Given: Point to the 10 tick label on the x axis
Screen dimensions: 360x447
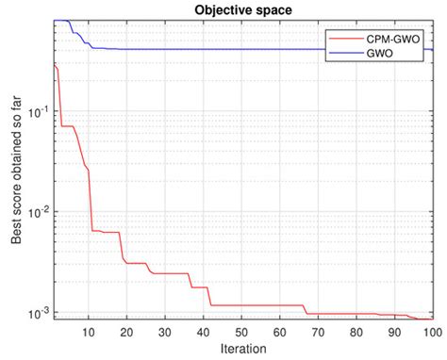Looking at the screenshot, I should pyautogui.click(x=89, y=332).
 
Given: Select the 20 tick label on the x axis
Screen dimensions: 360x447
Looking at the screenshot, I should pyautogui.click(x=127, y=332).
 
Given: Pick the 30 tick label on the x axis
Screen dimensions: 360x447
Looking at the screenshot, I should pyautogui.click(x=166, y=332).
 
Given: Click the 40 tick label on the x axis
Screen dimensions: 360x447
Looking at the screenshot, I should pyautogui.click(x=204, y=332).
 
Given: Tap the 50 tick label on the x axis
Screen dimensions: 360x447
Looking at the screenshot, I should pyautogui.click(x=242, y=332).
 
